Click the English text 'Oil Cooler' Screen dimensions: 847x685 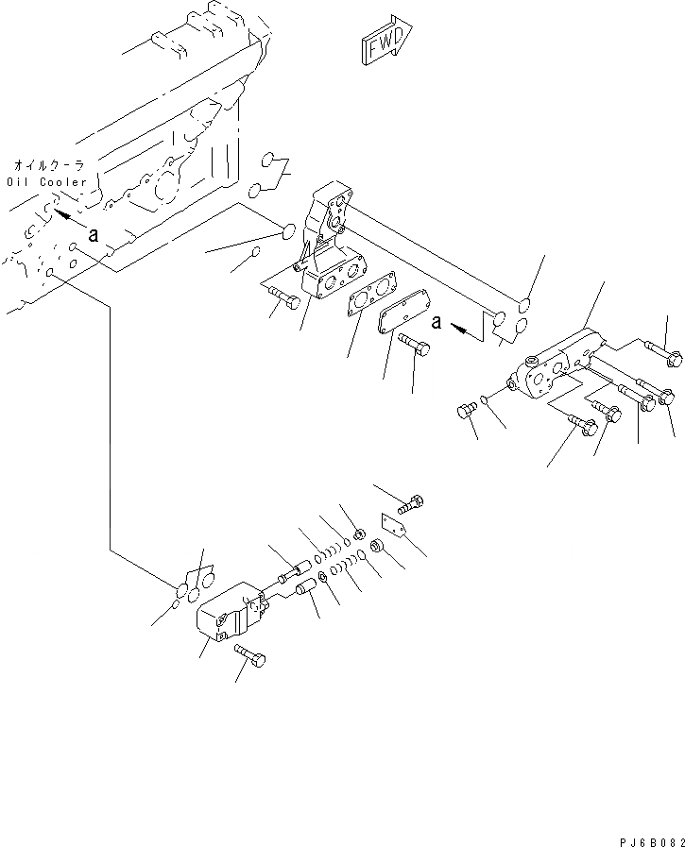pyautogui.click(x=47, y=181)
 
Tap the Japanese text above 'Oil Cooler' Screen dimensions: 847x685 pyautogui.click(x=49, y=165)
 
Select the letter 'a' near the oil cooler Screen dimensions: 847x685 pyautogui.click(x=93, y=236)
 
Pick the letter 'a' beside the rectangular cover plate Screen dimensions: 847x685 pyautogui.click(x=436, y=322)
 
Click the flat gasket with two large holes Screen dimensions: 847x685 pyautogui.click(x=373, y=296)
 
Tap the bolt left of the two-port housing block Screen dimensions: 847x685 pyautogui.click(x=283, y=299)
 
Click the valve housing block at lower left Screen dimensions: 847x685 pyautogui.click(x=231, y=611)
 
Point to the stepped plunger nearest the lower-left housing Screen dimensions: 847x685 pyautogui.click(x=293, y=570)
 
